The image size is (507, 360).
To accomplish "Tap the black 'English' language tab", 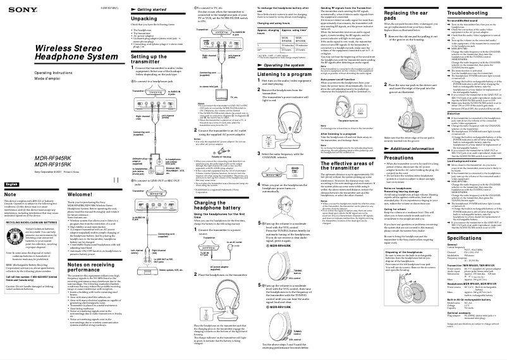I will pos(12,183).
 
